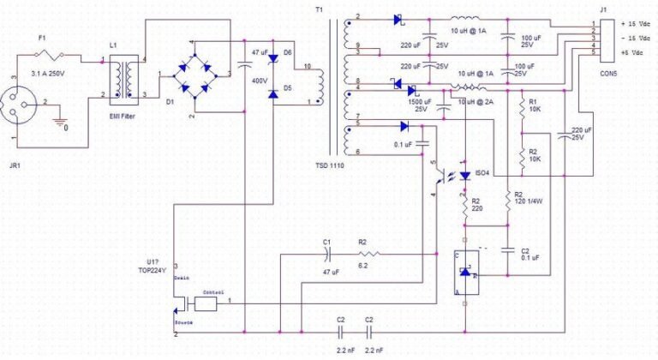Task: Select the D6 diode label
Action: tap(288, 53)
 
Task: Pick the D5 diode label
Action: tap(288, 88)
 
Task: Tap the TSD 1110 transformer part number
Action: tap(332, 164)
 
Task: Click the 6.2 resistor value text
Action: tap(363, 267)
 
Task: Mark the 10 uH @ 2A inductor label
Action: tap(476, 101)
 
